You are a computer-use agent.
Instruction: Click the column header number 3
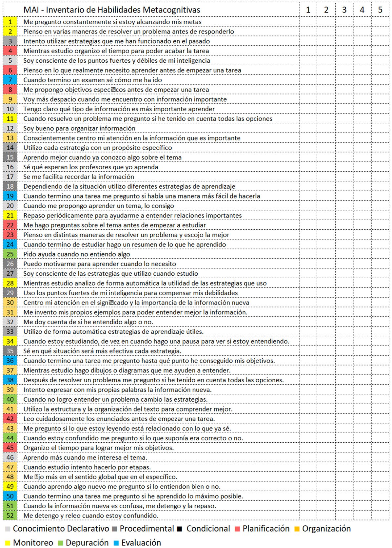[344, 10]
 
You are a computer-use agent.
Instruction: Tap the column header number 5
[380, 10]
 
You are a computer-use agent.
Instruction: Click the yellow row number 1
[10, 22]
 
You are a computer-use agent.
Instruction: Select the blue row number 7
[10, 80]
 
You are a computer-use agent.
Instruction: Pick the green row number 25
[10, 254]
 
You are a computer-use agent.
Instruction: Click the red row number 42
[10, 419]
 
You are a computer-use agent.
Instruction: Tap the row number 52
[10, 516]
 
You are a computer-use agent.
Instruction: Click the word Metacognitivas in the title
[174, 10]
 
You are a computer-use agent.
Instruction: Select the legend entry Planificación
[266, 529]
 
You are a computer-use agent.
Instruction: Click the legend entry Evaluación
[141, 543]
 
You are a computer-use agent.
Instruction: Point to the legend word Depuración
[87, 543]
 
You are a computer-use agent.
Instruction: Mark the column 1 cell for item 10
[308, 109]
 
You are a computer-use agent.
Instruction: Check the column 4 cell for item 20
[362, 206]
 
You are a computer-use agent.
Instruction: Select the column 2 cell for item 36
[326, 361]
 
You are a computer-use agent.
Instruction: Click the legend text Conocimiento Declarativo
[61, 529]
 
